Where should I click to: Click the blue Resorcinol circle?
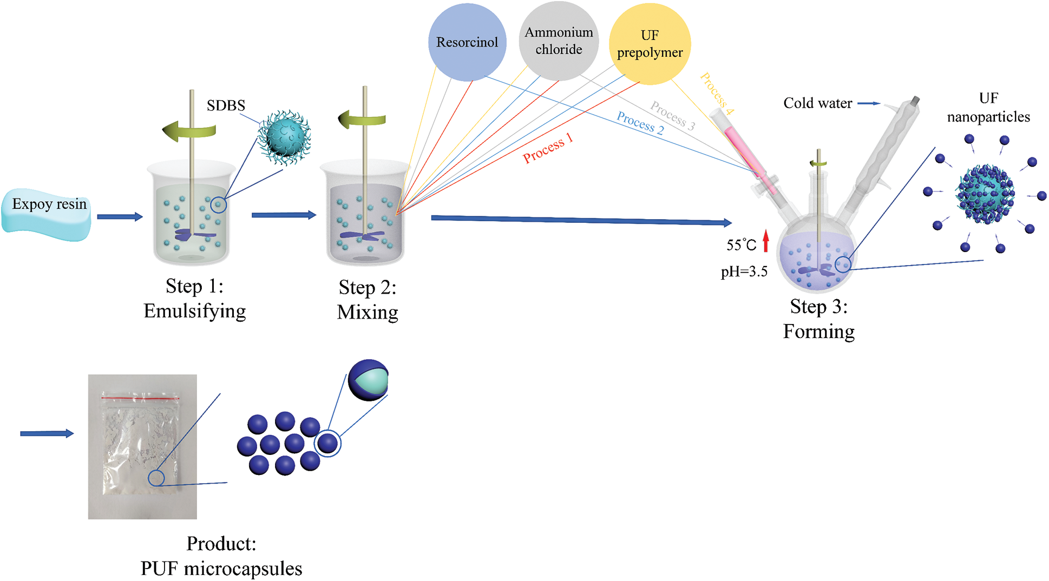(467, 42)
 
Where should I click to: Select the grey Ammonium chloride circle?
(559, 41)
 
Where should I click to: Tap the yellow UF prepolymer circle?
(650, 44)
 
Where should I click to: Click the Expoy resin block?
(48, 214)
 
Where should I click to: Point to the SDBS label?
(226, 105)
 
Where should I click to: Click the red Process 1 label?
(547, 148)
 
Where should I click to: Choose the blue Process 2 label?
(640, 123)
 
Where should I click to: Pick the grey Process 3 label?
(672, 115)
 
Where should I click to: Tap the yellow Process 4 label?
(717, 94)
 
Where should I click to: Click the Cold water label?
(817, 103)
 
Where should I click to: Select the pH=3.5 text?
(744, 272)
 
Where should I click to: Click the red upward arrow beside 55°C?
(766, 241)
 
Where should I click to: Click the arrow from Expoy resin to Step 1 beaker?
(120, 217)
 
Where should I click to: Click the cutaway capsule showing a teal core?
(369, 380)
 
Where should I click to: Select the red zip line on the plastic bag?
(140, 398)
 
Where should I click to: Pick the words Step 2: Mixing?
(368, 300)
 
